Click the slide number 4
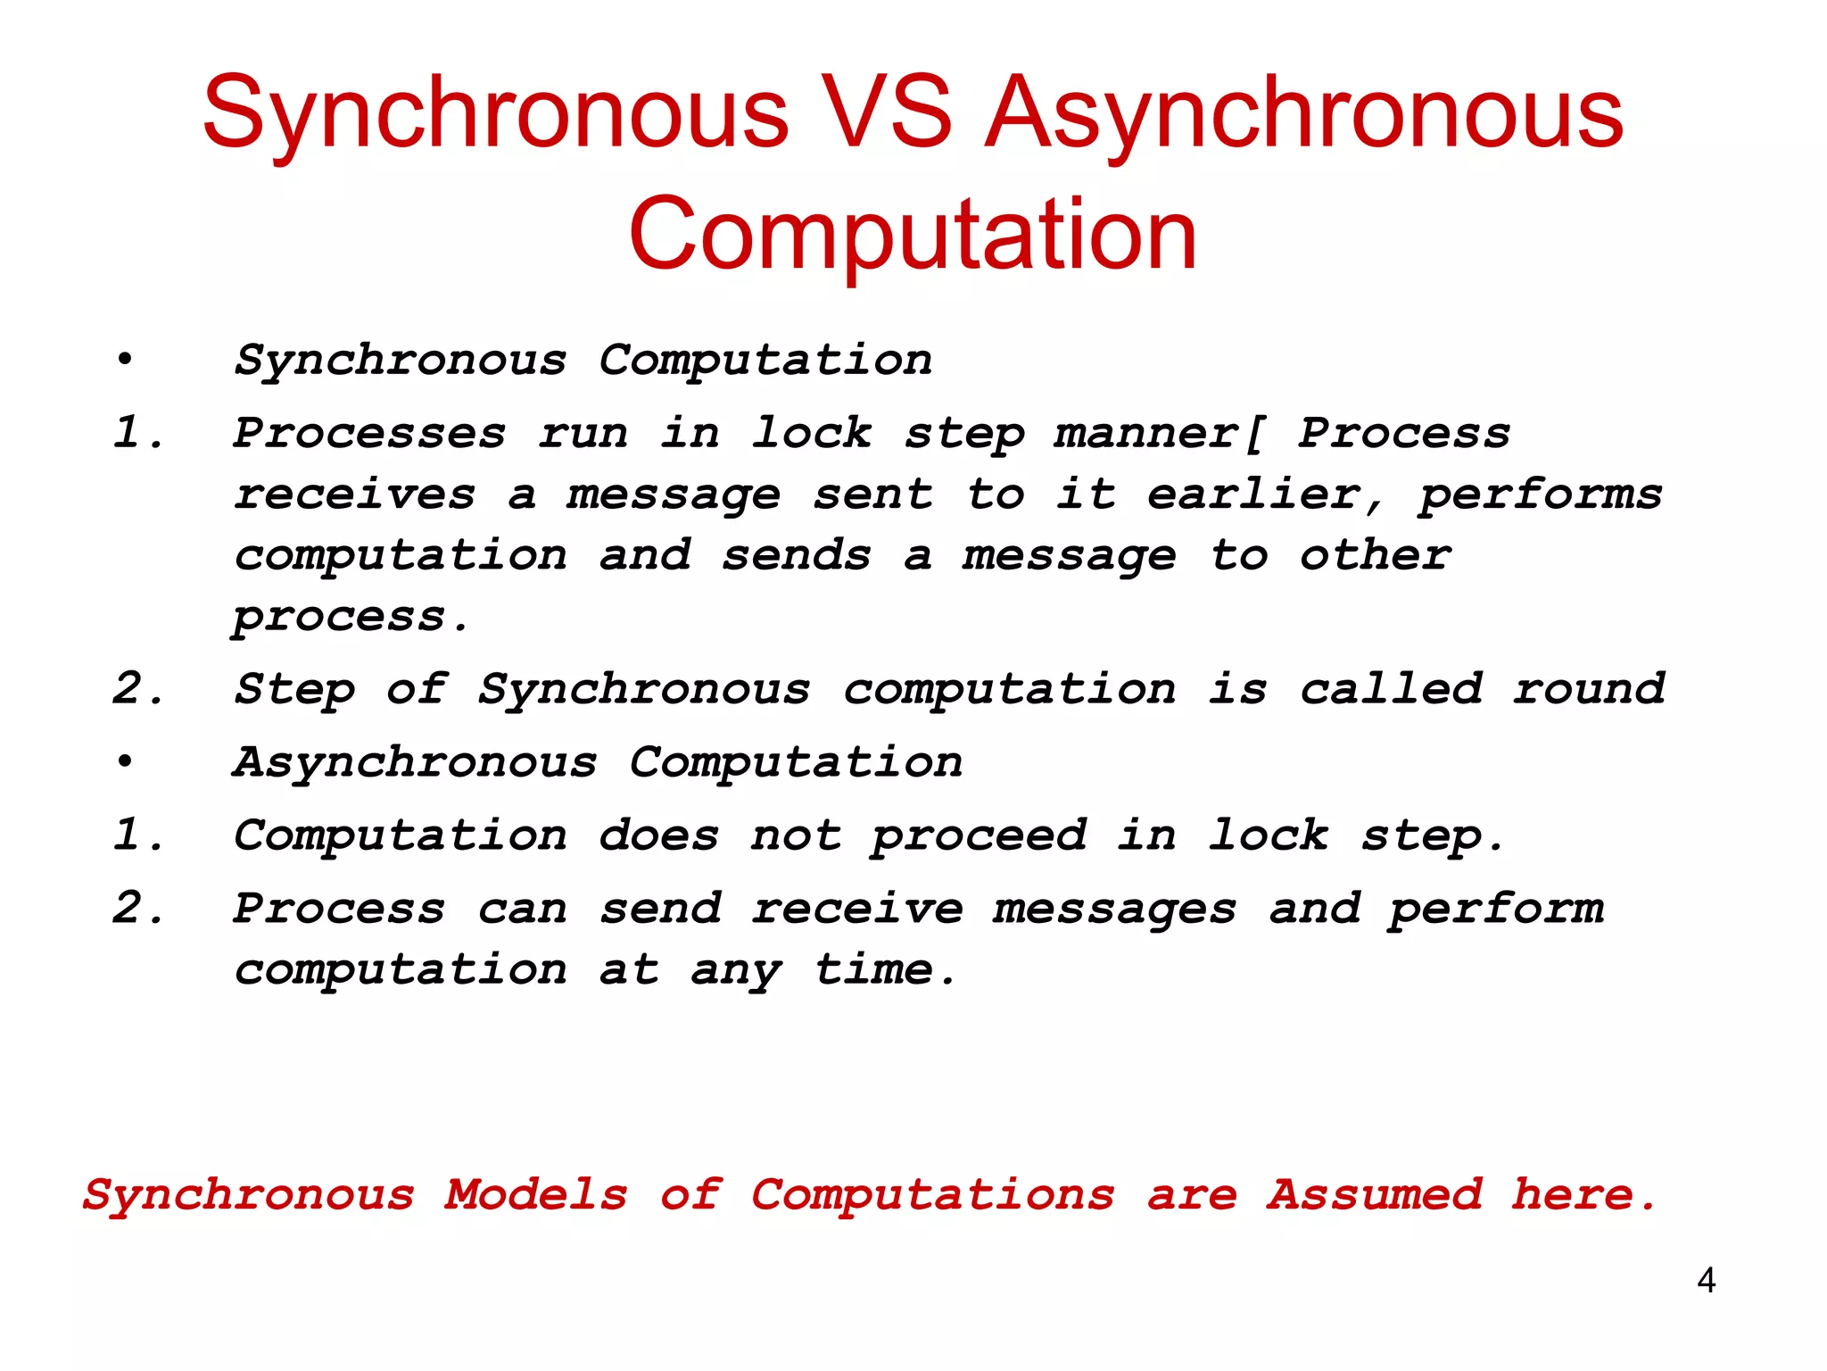click(x=1706, y=1281)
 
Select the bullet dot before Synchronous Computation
click(x=125, y=360)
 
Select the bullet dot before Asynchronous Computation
click(x=125, y=761)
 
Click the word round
click(x=1588, y=689)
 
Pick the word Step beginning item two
click(x=294, y=689)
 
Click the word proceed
click(x=979, y=837)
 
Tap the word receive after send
click(x=856, y=909)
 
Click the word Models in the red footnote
click(x=536, y=1194)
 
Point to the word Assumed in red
click(x=1374, y=1194)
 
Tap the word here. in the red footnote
click(x=1583, y=1194)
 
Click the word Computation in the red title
click(x=912, y=234)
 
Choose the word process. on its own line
click(x=350, y=618)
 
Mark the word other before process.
click(x=1375, y=555)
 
